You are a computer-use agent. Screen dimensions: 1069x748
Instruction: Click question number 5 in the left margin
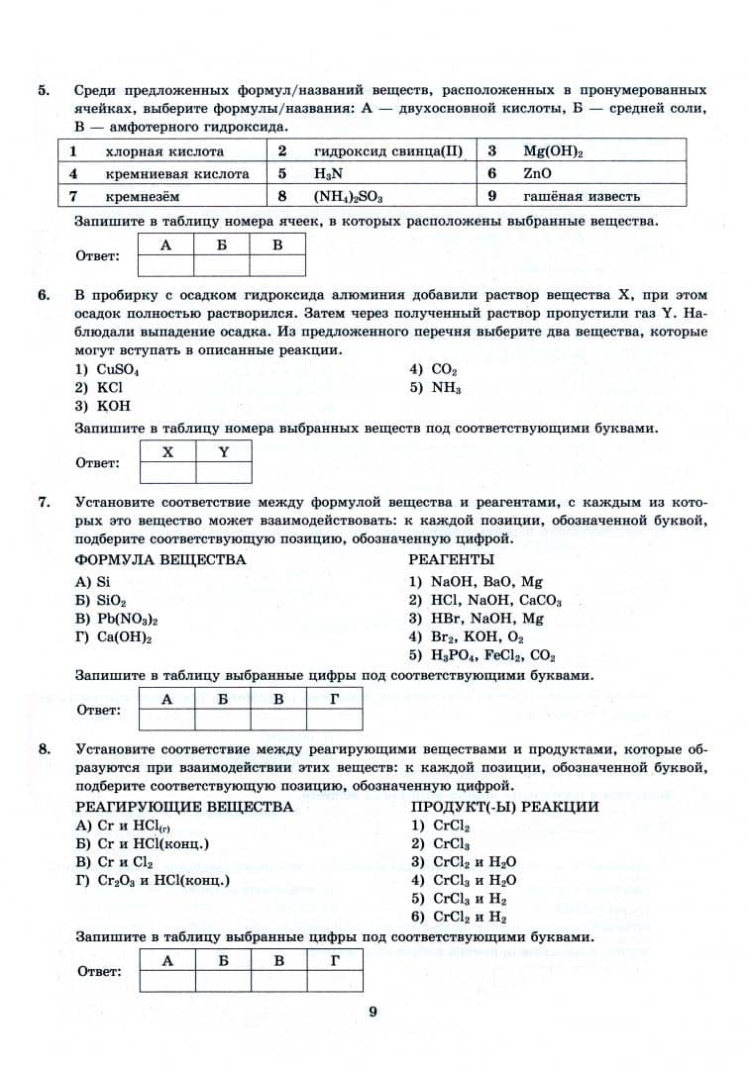[44, 89]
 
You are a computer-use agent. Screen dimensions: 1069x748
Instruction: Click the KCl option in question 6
[99, 387]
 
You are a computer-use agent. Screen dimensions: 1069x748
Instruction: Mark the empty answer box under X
[167, 472]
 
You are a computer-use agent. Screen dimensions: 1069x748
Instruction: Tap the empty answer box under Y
[223, 472]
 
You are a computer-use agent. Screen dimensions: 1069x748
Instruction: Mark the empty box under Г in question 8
[334, 979]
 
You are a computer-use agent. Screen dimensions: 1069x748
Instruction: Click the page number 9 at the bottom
[373, 1012]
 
